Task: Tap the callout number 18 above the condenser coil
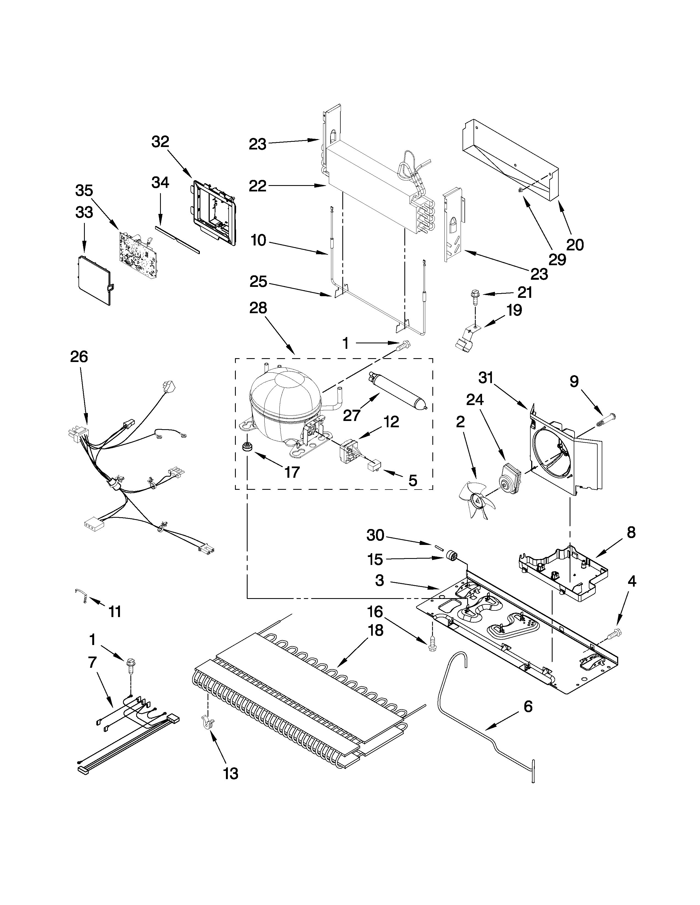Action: pyautogui.click(x=374, y=630)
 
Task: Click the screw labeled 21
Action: pyautogui.click(x=474, y=295)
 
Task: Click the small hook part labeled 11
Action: pyautogui.click(x=81, y=595)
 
